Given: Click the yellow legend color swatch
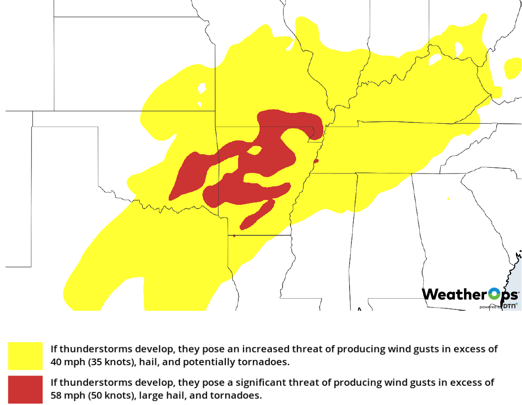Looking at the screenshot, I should click(25, 356).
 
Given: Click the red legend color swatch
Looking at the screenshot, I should click(25, 389).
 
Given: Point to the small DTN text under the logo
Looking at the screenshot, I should click(510, 306).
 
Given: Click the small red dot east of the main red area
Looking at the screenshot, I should click(316, 161).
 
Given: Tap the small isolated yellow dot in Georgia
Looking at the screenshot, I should click(448, 199).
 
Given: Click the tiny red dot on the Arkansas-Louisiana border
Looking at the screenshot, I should click(234, 236).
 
